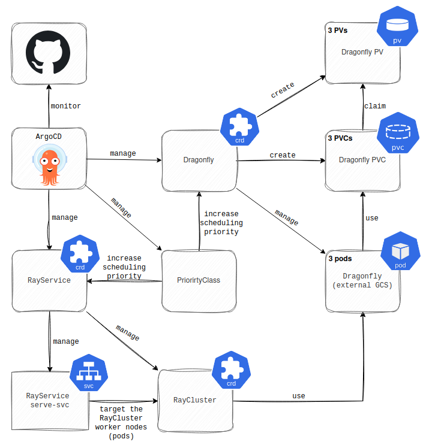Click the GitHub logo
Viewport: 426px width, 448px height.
click(x=49, y=52)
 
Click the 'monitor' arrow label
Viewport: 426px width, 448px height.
click(x=65, y=106)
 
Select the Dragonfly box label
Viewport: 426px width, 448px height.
click(x=199, y=160)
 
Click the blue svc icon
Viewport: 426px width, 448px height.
click(x=89, y=374)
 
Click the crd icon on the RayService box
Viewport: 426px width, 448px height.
click(x=79, y=255)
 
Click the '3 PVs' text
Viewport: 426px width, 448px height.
click(x=338, y=31)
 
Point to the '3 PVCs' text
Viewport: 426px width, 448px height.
click(x=340, y=138)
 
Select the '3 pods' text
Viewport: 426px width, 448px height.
click(x=340, y=259)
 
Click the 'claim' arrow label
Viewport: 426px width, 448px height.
click(x=375, y=106)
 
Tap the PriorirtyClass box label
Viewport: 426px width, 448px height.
click(x=199, y=280)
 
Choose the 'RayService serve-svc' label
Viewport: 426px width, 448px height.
click(x=47, y=400)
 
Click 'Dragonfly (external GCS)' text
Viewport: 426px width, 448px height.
click(x=362, y=280)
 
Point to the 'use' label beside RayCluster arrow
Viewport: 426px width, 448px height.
click(x=298, y=396)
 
